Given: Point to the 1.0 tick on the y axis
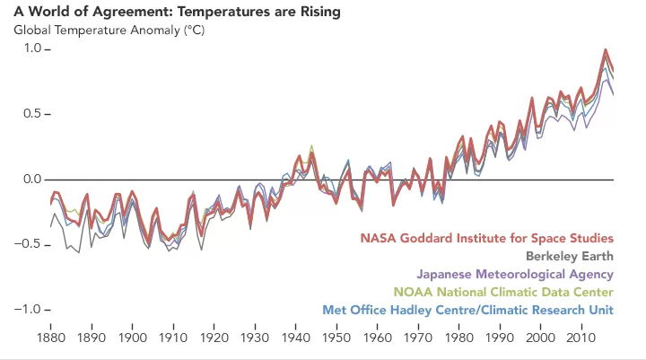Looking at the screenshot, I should pyautogui.click(x=28, y=49).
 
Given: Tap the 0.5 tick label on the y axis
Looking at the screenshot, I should pyautogui.click(x=28, y=114).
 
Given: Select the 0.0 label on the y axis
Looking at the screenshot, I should pyautogui.click(x=28, y=180).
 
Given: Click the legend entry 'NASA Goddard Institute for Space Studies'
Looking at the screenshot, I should pyautogui.click(x=487, y=239).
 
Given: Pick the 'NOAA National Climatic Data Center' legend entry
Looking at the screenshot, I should pyautogui.click(x=504, y=293).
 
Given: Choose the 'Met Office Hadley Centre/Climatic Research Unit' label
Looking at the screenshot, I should pyautogui.click(x=467, y=311).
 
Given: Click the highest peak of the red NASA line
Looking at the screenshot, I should pyautogui.click(x=606, y=49).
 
